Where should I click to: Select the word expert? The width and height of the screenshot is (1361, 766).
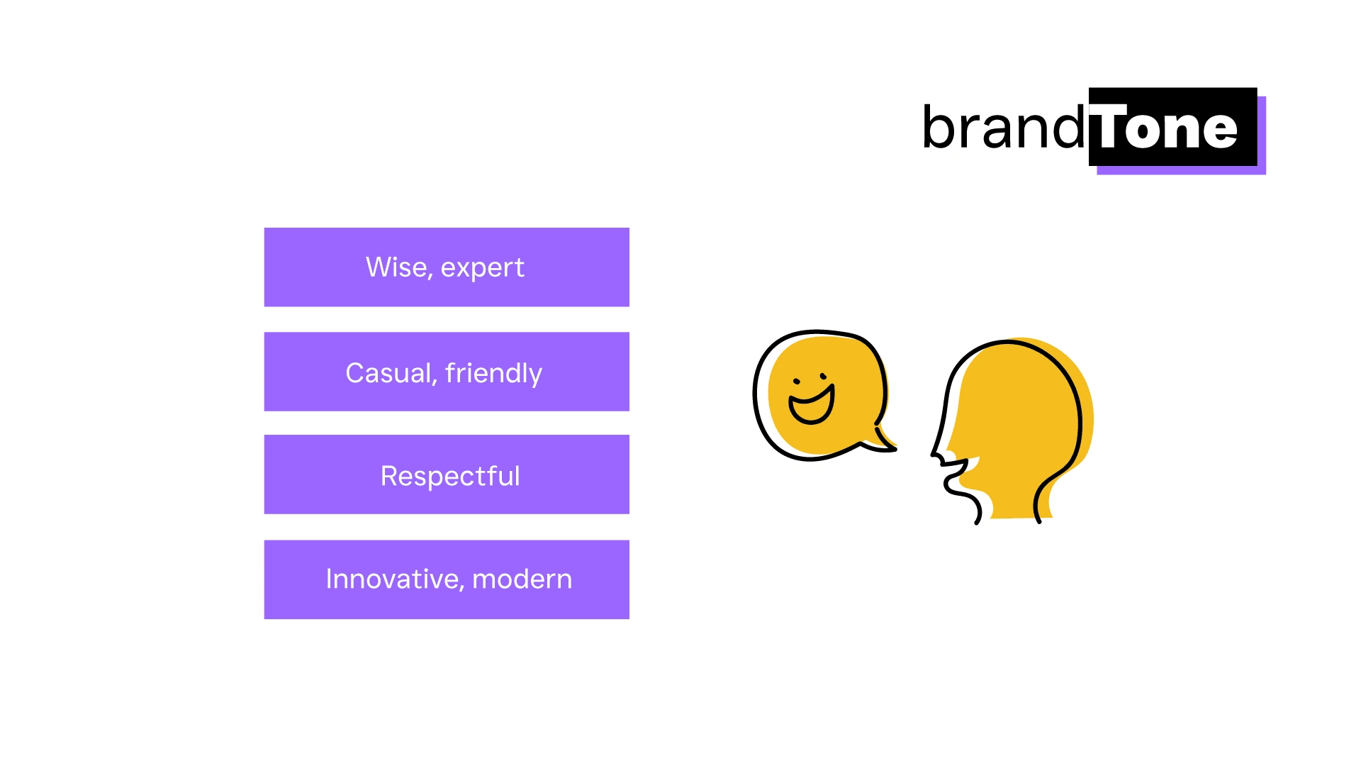[483, 269]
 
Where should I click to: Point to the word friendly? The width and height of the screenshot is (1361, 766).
[494, 374]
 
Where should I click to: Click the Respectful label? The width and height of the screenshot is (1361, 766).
[450, 476]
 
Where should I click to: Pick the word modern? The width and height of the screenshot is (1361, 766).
[522, 579]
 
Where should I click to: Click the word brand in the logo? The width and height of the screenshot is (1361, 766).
[1003, 127]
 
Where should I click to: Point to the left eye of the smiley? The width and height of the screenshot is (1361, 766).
[796, 382]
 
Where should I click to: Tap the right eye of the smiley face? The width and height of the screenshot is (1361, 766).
[823, 375]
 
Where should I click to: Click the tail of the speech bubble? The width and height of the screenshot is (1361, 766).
[883, 440]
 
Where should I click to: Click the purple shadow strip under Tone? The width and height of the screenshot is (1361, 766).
[1181, 170]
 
